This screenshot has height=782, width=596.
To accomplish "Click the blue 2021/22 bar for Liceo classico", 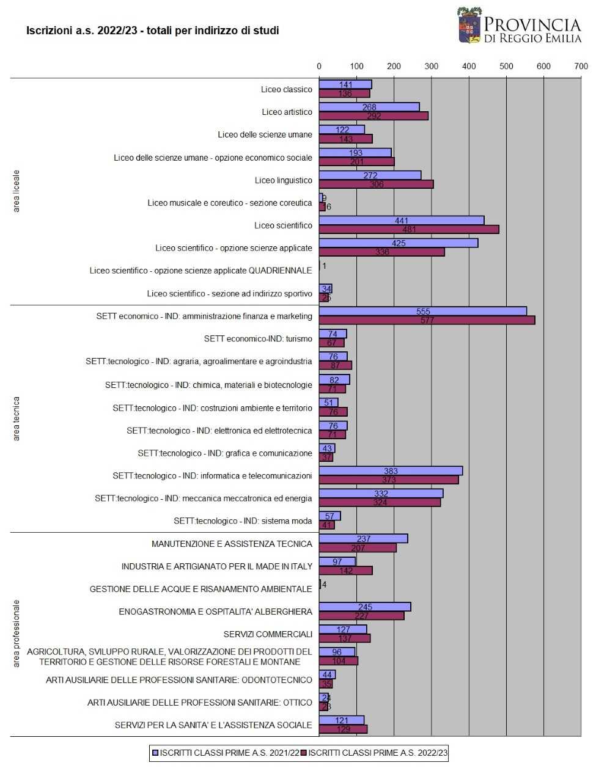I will (345, 85).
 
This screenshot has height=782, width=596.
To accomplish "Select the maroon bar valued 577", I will (427, 320).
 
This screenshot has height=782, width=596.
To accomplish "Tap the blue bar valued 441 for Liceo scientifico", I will (401, 221).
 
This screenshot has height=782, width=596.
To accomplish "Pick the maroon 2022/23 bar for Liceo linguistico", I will (376, 185).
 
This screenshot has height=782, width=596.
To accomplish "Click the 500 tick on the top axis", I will (506, 67).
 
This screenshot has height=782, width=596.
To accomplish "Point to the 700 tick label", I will (581, 67).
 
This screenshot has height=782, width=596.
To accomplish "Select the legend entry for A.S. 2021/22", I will (226, 753).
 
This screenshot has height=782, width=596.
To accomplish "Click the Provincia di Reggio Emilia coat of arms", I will (469, 26).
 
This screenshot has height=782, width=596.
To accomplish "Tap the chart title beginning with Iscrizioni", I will (152, 31).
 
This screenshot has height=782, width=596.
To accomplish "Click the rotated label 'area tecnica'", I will (17, 418).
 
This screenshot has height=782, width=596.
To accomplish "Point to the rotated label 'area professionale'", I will (17, 634).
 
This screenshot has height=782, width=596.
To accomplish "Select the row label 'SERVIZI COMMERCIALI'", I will (268, 634).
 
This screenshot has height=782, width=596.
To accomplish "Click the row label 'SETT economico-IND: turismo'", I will (258, 339).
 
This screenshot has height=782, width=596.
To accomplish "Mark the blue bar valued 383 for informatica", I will (391, 471).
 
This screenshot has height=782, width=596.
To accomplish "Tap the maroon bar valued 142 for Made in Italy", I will (345, 571).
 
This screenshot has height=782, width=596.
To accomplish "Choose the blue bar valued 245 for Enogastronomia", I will (365, 607).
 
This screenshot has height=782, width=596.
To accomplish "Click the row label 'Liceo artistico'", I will (287, 112).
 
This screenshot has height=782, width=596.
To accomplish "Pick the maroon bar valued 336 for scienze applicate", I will (381, 252).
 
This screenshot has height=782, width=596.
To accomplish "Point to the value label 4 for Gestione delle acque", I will (324, 585).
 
